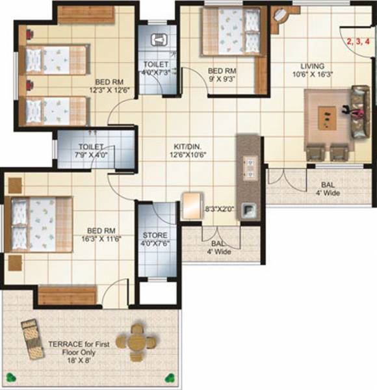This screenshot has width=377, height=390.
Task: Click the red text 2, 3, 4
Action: [x=358, y=41]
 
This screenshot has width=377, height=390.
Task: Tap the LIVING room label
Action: [x=313, y=66]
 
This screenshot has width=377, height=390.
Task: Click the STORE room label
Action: [x=155, y=235]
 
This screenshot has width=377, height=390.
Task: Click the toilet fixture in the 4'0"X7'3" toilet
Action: [x=158, y=40]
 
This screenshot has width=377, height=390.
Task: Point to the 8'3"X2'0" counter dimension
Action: [x=219, y=209]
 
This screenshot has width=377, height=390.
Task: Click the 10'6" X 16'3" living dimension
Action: [x=313, y=75]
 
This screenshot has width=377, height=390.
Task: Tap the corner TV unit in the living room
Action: [x=281, y=19]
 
